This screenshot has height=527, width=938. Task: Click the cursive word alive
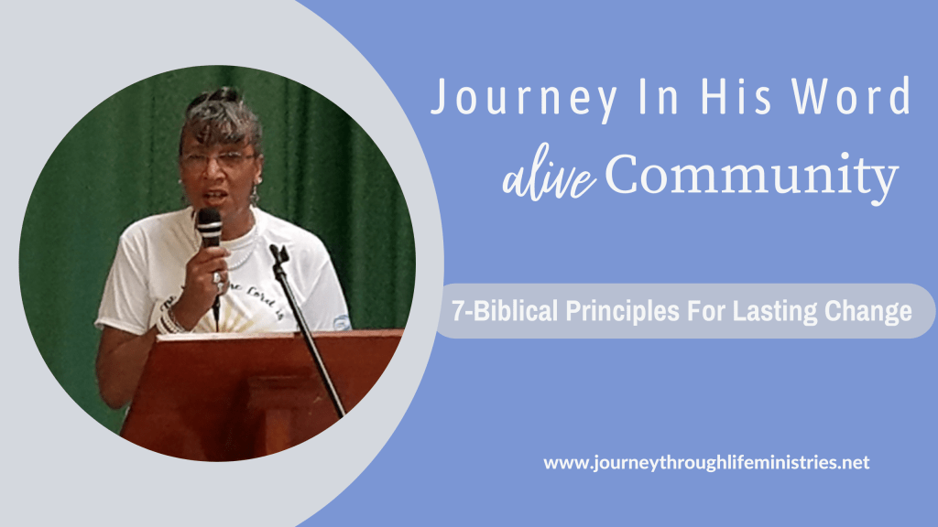point(548,177)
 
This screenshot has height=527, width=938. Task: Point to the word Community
point(751,175)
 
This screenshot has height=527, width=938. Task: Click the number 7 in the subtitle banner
point(458,311)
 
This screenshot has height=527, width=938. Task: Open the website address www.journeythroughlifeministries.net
point(706,463)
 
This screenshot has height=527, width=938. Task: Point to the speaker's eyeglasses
point(219,160)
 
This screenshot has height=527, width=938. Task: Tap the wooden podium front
point(251,394)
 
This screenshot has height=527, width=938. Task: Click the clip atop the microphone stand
point(278,254)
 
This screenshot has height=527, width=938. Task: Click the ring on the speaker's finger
point(217,278)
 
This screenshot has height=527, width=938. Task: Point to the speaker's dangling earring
point(255,194)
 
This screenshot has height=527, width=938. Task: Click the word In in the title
point(659,95)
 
